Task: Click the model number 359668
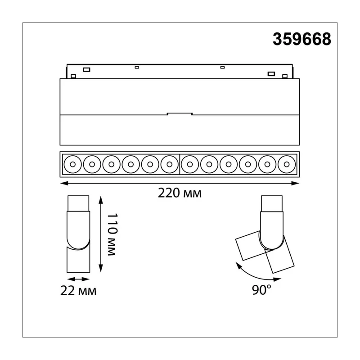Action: (302, 39)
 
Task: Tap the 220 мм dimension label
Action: (180, 193)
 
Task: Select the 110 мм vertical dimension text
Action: (112, 234)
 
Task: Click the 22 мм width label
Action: (78, 291)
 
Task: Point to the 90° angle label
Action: (261, 290)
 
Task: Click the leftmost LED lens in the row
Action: (72, 164)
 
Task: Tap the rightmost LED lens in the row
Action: (287, 164)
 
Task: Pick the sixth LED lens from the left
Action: (170, 164)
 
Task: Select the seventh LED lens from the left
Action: (189, 164)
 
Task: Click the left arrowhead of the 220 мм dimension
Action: (63, 183)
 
